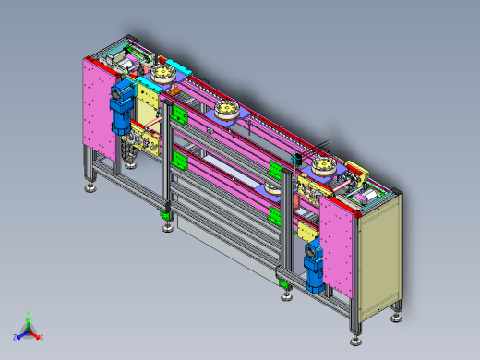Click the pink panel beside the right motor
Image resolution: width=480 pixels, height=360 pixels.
(338, 245)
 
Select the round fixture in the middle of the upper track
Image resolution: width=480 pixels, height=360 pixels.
(227, 113)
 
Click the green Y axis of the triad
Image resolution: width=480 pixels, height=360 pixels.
(29, 317)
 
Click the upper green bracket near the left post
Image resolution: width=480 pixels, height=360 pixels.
(179, 118)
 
